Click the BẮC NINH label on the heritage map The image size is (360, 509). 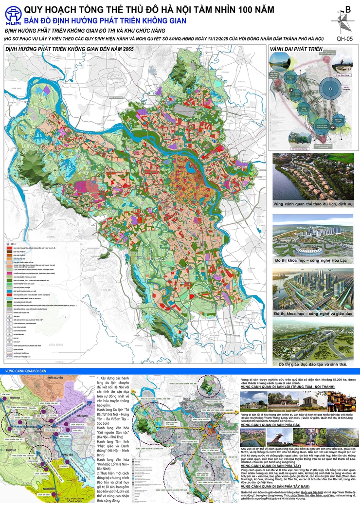pos(76,416)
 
